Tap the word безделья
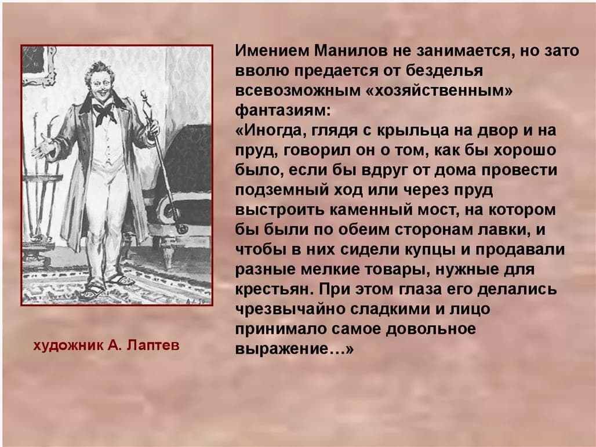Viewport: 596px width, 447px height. pyautogui.click(x=440, y=71)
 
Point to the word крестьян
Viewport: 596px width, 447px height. pyautogui.click(x=273, y=289)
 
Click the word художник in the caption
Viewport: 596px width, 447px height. pyautogui.click(x=67, y=346)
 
